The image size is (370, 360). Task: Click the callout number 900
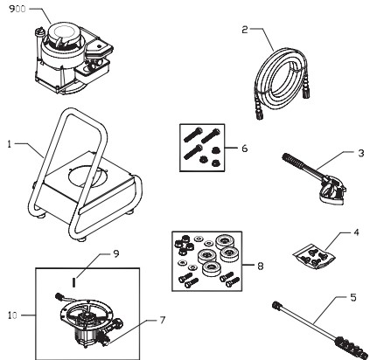coord(16,10)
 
